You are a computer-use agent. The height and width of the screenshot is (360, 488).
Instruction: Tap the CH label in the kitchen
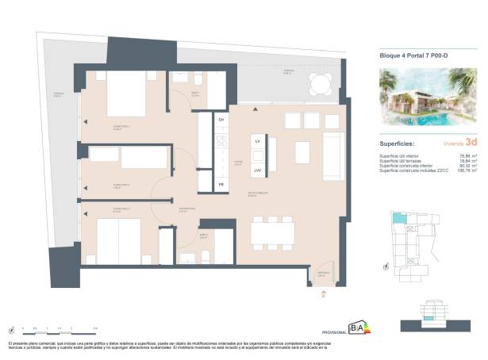tap(221, 119)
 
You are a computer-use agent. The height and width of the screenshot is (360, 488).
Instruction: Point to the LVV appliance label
tap(258, 170)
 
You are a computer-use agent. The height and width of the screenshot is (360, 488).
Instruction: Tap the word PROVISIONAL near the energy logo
tap(333, 331)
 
